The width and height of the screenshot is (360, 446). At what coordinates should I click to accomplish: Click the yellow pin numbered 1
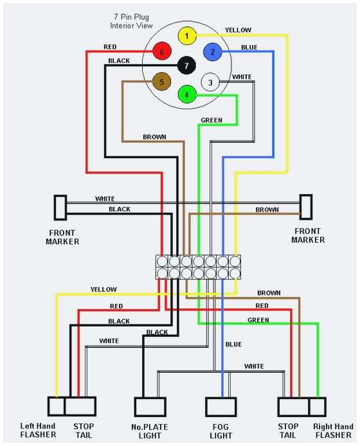click(186, 36)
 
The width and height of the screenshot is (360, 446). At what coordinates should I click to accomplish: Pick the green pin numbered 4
click(186, 94)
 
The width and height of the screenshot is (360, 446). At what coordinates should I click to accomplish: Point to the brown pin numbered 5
click(162, 82)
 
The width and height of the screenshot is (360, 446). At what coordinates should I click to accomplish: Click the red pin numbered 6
click(162, 52)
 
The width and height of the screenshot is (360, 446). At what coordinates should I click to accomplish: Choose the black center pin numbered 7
click(186, 65)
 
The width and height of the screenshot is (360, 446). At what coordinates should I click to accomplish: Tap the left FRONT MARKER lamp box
click(60, 208)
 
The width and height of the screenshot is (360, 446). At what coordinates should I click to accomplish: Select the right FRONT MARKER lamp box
click(306, 208)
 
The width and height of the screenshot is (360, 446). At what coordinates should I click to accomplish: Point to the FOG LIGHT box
click(221, 407)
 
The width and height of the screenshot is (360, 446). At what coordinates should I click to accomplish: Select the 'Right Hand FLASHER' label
click(332, 430)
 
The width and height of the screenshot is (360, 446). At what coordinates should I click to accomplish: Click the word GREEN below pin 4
click(212, 120)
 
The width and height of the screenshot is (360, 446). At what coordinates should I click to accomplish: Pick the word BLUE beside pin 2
click(249, 47)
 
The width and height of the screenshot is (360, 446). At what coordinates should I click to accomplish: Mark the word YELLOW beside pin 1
click(238, 30)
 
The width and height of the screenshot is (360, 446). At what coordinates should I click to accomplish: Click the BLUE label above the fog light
click(233, 344)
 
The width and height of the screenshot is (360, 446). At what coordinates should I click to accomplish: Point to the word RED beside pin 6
click(110, 47)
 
